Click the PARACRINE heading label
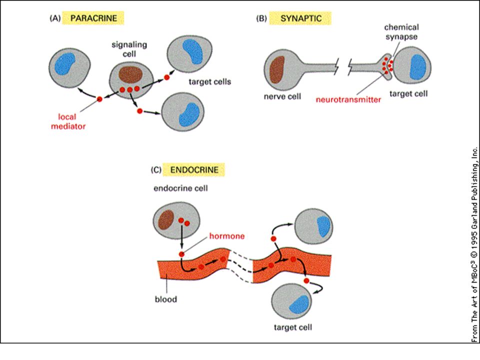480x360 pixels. point(93,18)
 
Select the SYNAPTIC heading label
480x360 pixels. point(301,18)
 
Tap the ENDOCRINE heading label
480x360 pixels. point(194,170)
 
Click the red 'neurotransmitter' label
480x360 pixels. point(348,100)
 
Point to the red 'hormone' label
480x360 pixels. point(227,236)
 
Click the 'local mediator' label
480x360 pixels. point(68,121)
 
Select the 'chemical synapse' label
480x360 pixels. point(401,32)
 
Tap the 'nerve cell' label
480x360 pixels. point(282,96)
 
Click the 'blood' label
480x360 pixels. point(165,299)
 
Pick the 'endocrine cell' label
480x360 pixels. point(180,188)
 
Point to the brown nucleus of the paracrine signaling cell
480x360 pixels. point(130,75)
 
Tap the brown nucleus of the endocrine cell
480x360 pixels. point(166,219)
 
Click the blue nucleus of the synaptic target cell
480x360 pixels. point(418,66)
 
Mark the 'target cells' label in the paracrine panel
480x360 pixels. point(209,81)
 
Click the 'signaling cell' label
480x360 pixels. point(129,49)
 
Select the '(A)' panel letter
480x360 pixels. point(55,18)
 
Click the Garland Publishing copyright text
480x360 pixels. point(474,245)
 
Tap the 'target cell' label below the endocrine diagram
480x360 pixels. point(293,327)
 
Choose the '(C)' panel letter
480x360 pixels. point(156,170)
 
